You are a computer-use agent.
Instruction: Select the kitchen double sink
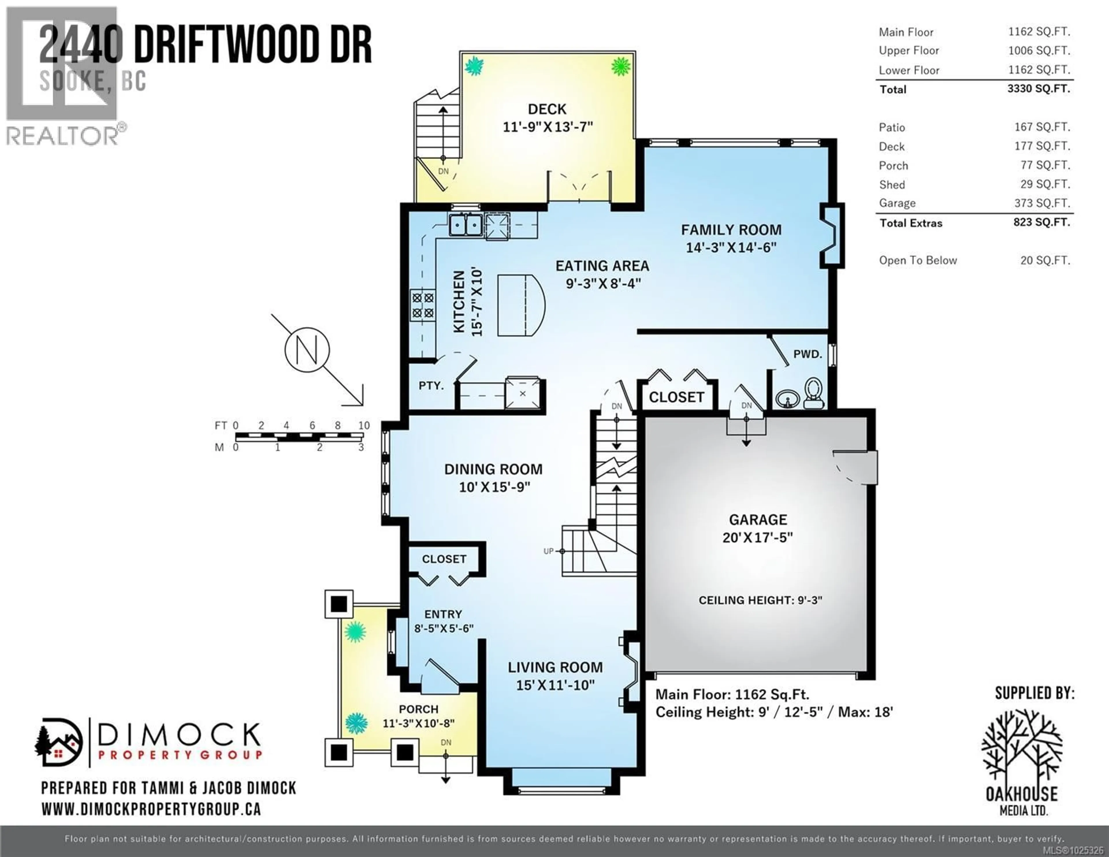pos(466,224)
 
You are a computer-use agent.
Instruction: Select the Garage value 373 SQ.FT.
pos(1042,203)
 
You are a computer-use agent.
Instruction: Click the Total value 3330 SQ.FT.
pos(1039,89)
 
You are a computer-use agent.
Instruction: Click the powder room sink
pos(787,399)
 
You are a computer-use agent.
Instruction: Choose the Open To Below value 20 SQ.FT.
pos(1045,261)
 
